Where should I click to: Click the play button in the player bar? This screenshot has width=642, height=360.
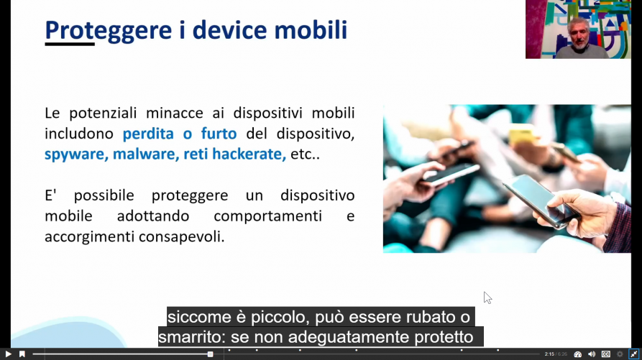coord(8,354)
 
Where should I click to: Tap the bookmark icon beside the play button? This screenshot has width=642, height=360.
coord(22,354)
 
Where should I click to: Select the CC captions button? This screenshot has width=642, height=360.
coord(605,354)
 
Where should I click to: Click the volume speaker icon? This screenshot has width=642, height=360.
coord(592,354)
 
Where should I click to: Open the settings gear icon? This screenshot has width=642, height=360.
coord(620,354)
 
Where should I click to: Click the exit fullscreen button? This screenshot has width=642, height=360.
coord(634,354)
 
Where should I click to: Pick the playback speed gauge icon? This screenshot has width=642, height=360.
coord(578,354)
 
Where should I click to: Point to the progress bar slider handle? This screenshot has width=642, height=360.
coord(210,354)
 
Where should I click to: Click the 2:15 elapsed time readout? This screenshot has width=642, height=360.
coord(549,354)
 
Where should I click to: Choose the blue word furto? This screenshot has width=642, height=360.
coord(219,134)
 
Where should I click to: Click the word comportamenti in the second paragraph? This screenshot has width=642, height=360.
coord(267,216)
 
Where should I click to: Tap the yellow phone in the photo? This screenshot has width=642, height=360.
coord(522,134)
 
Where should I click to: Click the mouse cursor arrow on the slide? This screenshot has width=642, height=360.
coord(487,297)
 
